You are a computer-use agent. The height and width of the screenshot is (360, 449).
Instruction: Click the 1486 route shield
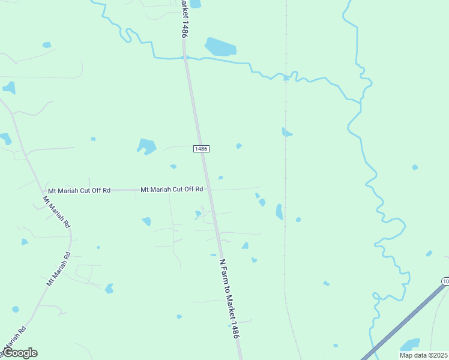[x=201, y=149]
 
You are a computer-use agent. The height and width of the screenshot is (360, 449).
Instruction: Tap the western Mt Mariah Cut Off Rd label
[x=79, y=190]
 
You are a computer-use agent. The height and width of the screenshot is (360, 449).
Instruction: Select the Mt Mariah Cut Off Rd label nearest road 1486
[x=172, y=189]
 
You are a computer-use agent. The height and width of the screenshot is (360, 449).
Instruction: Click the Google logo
[x=20, y=353]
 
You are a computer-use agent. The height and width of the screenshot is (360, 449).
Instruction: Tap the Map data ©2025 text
[x=423, y=355]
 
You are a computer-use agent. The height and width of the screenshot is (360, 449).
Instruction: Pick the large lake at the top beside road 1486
[x=220, y=47]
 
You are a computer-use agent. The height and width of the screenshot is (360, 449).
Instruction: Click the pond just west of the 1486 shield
[x=146, y=146]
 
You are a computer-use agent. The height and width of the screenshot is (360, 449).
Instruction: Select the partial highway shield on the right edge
[x=445, y=281]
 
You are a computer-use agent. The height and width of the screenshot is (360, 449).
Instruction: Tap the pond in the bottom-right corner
[x=410, y=345]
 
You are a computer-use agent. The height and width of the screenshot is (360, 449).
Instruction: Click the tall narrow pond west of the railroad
[x=279, y=211]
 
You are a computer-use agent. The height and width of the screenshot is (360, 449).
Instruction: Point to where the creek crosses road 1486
[x=186, y=58]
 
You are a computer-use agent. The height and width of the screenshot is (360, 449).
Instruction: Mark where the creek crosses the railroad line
[x=286, y=77]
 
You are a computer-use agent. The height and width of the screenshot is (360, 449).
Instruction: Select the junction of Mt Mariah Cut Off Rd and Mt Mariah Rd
[x=44, y=191]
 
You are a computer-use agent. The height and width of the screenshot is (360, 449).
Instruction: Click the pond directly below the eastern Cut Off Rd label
[x=146, y=221]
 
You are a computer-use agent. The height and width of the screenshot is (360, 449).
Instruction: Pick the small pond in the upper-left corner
[x=46, y=45]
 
